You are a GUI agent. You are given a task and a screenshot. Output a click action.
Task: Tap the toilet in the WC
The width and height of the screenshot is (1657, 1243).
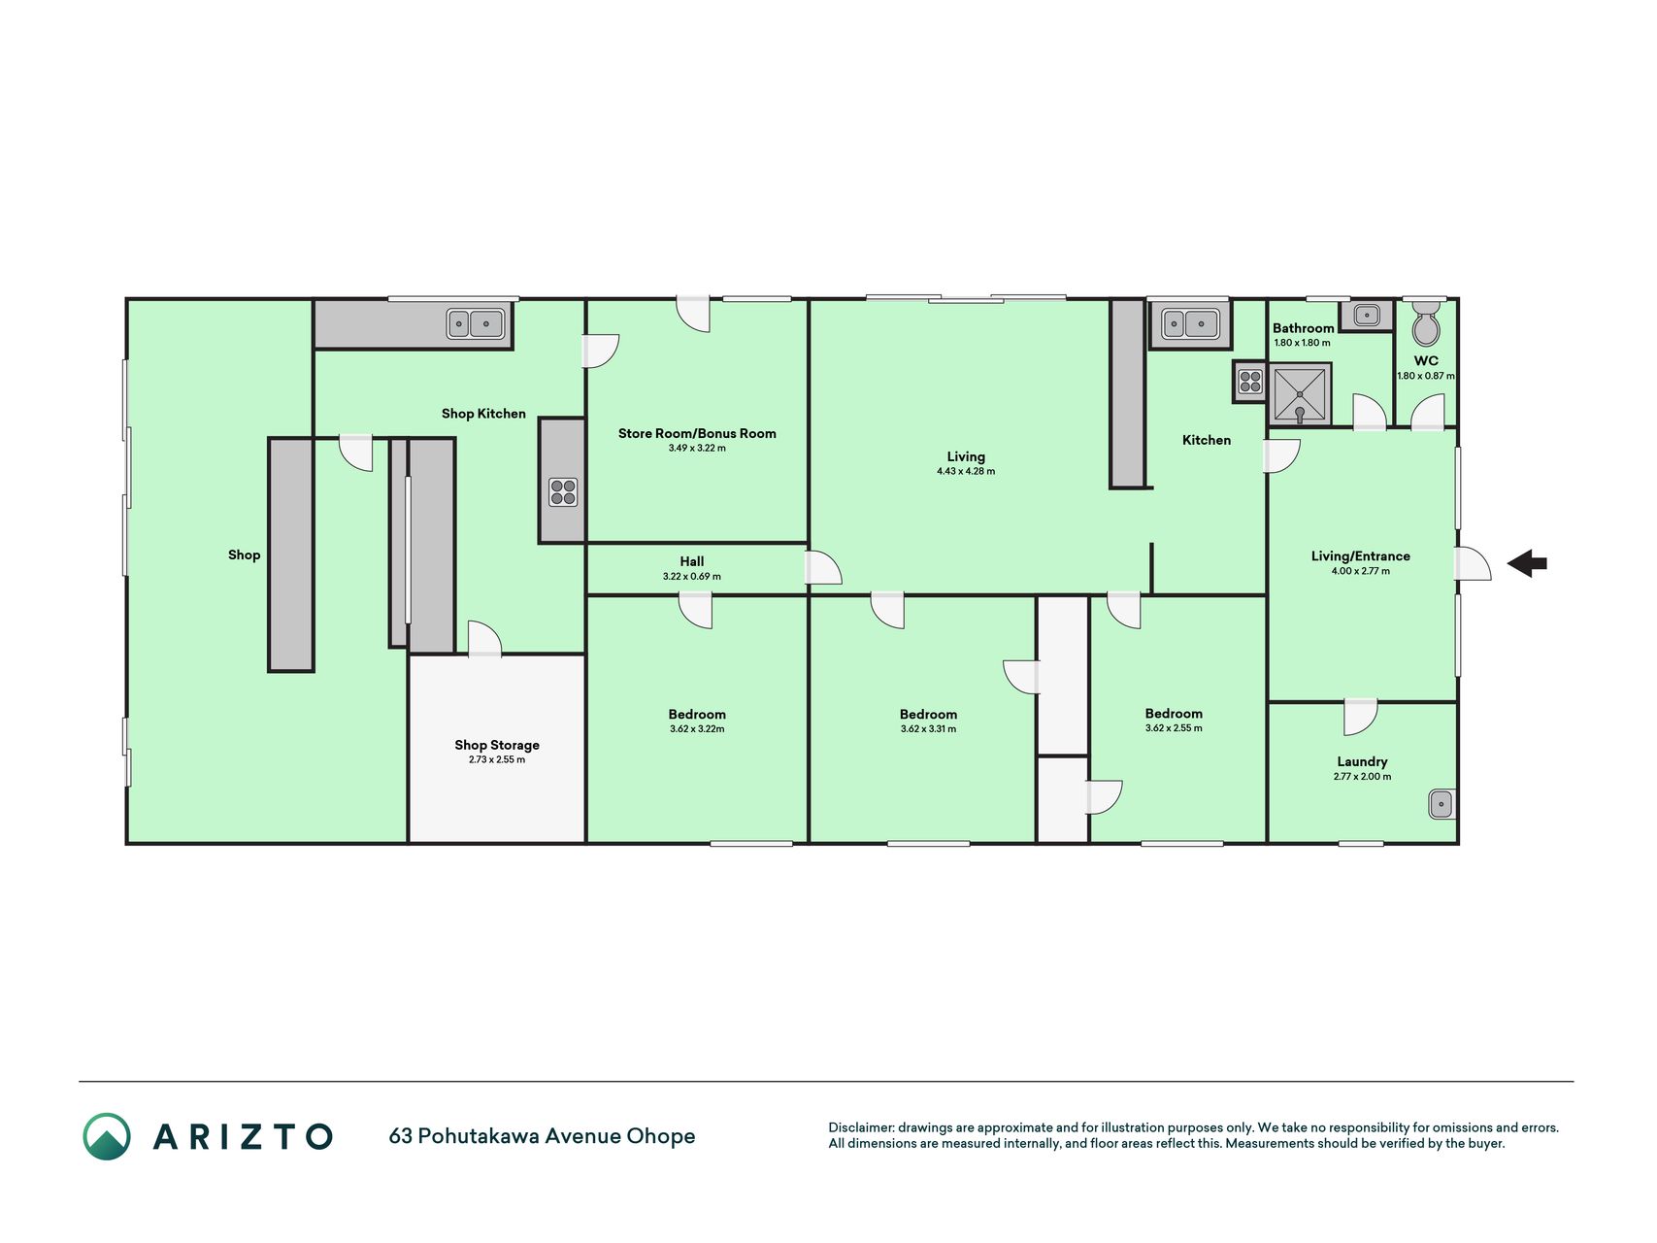[x=1426, y=323]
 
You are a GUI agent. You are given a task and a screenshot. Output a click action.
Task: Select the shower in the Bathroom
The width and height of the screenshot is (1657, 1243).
[x=1300, y=394]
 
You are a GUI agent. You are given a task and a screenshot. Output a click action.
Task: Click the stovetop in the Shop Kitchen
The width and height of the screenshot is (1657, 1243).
[x=563, y=492]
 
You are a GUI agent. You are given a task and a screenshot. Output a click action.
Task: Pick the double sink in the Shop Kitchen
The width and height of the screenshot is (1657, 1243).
[x=476, y=323]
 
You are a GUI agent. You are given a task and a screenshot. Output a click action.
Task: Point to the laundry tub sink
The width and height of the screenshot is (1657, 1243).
[x=1442, y=804]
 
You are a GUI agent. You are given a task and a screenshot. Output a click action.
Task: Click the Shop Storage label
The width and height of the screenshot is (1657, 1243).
[x=497, y=745]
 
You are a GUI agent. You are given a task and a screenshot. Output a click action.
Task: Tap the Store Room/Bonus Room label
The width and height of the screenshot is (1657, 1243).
[x=697, y=433]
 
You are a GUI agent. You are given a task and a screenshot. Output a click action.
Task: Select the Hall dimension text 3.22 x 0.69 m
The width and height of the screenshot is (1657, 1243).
[x=692, y=577]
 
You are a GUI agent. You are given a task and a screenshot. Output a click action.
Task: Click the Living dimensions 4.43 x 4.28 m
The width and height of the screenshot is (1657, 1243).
[x=966, y=472]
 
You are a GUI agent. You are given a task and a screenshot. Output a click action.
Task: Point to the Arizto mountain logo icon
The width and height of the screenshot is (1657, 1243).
[x=107, y=1136]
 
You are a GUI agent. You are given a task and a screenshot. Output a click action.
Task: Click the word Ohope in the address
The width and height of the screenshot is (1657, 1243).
[x=660, y=1136]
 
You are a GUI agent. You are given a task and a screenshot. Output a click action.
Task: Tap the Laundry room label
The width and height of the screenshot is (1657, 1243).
[x=1362, y=761]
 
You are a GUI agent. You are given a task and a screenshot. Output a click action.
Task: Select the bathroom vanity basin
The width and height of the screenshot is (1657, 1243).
[x=1367, y=316]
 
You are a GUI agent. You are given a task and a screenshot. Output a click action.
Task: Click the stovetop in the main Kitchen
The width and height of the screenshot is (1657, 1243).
[x=1250, y=382]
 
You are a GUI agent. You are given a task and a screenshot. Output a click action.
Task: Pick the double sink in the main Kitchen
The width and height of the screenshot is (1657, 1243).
[x=1190, y=323]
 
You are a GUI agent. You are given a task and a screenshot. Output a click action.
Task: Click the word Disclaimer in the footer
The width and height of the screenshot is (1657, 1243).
[x=860, y=1127]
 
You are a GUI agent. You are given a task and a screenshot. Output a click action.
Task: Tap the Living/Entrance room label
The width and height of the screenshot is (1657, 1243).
[x=1360, y=556]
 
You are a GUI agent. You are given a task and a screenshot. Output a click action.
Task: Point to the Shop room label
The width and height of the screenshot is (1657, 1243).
[x=245, y=555]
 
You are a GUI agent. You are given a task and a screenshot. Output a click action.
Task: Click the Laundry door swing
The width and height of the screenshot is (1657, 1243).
[x=1361, y=717]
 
